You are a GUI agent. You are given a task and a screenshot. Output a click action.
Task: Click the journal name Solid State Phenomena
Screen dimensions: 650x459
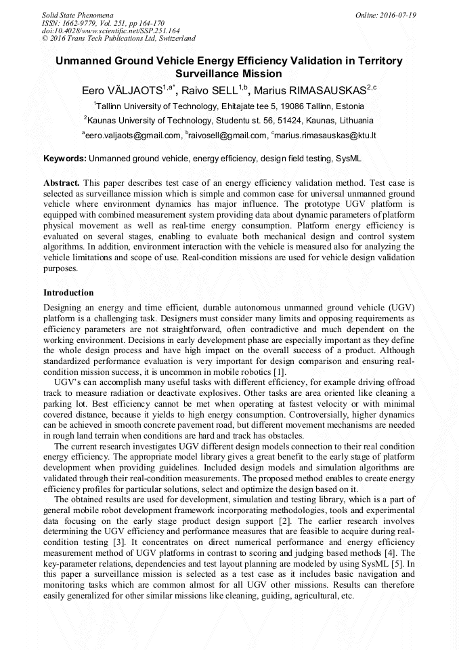click(76, 14)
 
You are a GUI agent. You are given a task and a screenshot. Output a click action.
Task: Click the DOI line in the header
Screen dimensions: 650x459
click(110, 31)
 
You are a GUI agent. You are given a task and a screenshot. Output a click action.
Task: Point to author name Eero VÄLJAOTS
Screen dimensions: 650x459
click(120, 91)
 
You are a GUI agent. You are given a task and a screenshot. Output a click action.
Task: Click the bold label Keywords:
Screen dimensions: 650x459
click(64, 159)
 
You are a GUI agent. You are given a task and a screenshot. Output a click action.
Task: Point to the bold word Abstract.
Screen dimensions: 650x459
click(62, 184)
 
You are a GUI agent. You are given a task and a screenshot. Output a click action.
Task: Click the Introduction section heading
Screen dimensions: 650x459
click(68, 293)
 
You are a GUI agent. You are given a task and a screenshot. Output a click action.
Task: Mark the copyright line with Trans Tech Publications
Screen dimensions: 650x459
click(118, 39)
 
